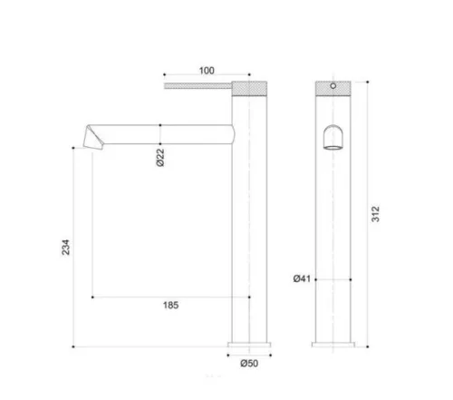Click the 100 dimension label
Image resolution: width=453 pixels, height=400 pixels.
point(207,71)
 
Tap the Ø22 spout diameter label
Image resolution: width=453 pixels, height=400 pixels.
point(160,157)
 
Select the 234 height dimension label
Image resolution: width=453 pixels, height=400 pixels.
point(65,247)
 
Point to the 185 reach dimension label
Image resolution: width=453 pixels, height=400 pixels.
point(170,305)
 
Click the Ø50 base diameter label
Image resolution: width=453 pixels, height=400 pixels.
point(249,363)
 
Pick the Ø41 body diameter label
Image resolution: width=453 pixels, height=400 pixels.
point(302,278)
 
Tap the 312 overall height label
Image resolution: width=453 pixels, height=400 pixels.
point(375,214)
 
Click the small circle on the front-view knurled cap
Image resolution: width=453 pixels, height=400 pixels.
point(333,86)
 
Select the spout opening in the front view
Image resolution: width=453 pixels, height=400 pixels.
point(333,137)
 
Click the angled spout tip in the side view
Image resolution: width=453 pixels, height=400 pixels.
point(93,138)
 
